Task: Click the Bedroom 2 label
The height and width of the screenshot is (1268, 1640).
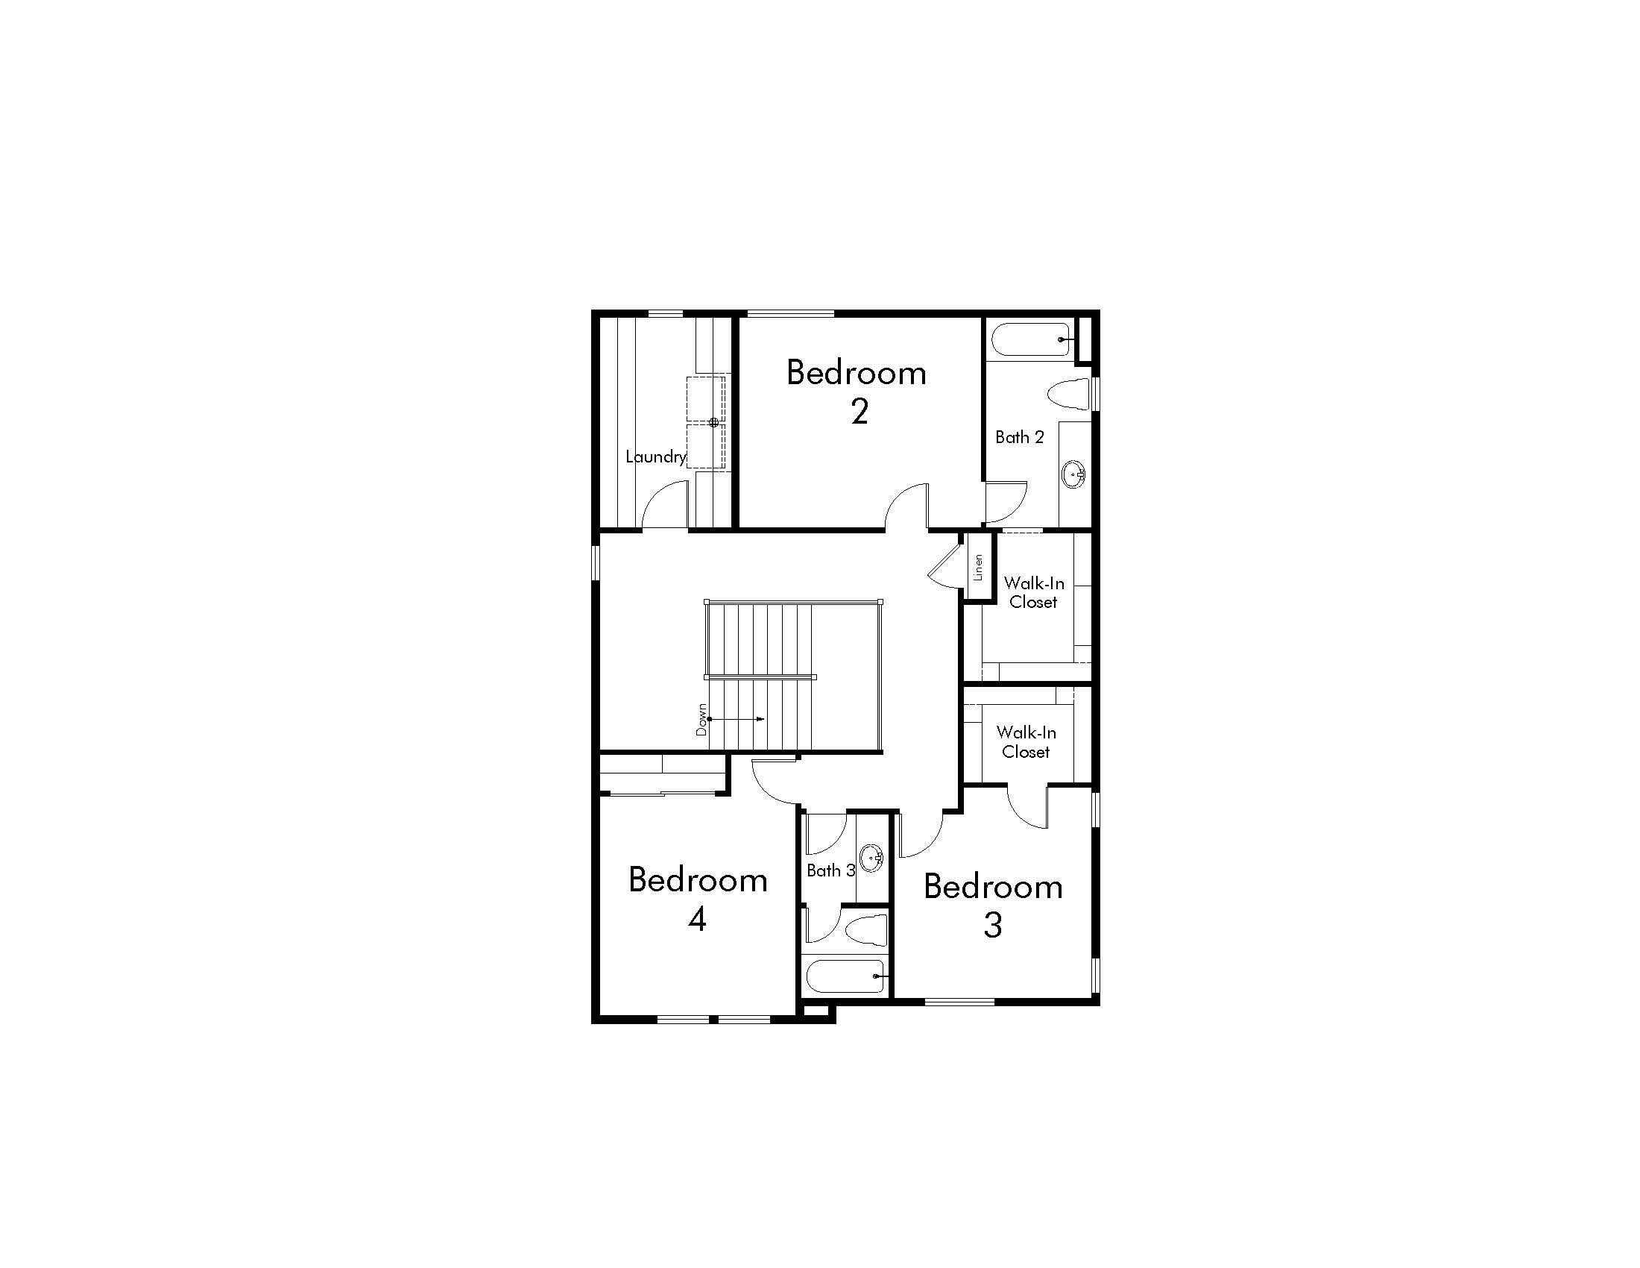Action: point(857,392)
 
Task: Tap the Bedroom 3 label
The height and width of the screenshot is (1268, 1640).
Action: point(993,906)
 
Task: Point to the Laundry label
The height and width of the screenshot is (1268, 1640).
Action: point(655,456)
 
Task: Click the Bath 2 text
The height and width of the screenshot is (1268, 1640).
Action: point(1019,437)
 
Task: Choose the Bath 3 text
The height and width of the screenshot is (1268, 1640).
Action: point(830,870)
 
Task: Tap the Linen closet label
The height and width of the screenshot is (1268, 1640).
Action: point(978,568)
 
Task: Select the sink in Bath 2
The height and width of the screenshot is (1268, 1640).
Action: point(1073,474)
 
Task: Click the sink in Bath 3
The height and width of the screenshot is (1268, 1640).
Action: point(871,857)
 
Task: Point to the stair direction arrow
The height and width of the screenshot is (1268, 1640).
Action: point(737,719)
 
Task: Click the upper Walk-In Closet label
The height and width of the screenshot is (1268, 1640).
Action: point(1034,593)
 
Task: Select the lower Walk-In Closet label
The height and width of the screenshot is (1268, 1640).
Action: point(1026,741)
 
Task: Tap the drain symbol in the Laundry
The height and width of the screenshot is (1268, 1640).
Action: point(714,422)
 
